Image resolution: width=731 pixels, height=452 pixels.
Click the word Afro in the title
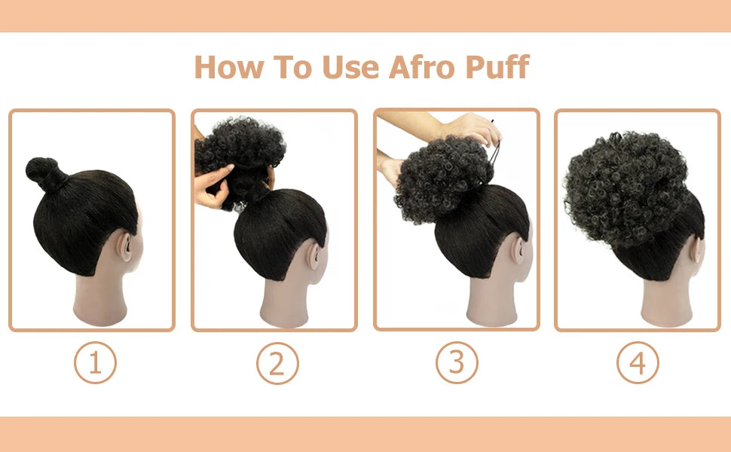(421, 67)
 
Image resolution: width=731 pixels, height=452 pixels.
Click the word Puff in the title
(497, 67)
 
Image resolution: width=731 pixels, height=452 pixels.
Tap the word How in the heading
(228, 67)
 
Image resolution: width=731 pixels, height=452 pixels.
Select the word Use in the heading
(353, 67)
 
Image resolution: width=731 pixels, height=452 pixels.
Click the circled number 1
(95, 363)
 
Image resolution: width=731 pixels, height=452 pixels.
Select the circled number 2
(277, 363)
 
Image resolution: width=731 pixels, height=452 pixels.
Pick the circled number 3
(457, 363)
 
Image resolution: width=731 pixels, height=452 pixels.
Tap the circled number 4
(638, 363)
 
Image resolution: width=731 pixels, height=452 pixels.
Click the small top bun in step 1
(41, 172)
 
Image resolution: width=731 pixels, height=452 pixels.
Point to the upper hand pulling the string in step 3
(467, 127)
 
